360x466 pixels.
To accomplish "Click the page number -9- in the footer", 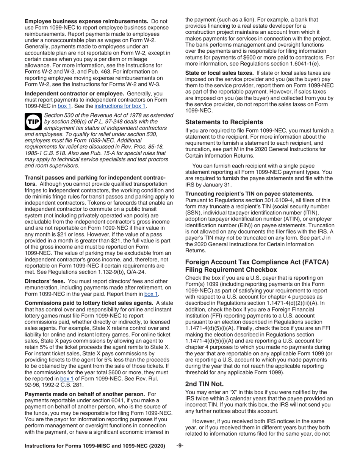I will coord(180,446).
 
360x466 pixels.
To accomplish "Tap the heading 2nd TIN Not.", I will coord(202,383).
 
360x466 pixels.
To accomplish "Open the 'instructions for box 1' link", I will coord(120,106).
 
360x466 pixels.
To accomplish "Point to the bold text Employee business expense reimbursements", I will coord(86,21).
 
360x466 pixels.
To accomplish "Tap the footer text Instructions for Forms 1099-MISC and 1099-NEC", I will coord(95,446).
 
